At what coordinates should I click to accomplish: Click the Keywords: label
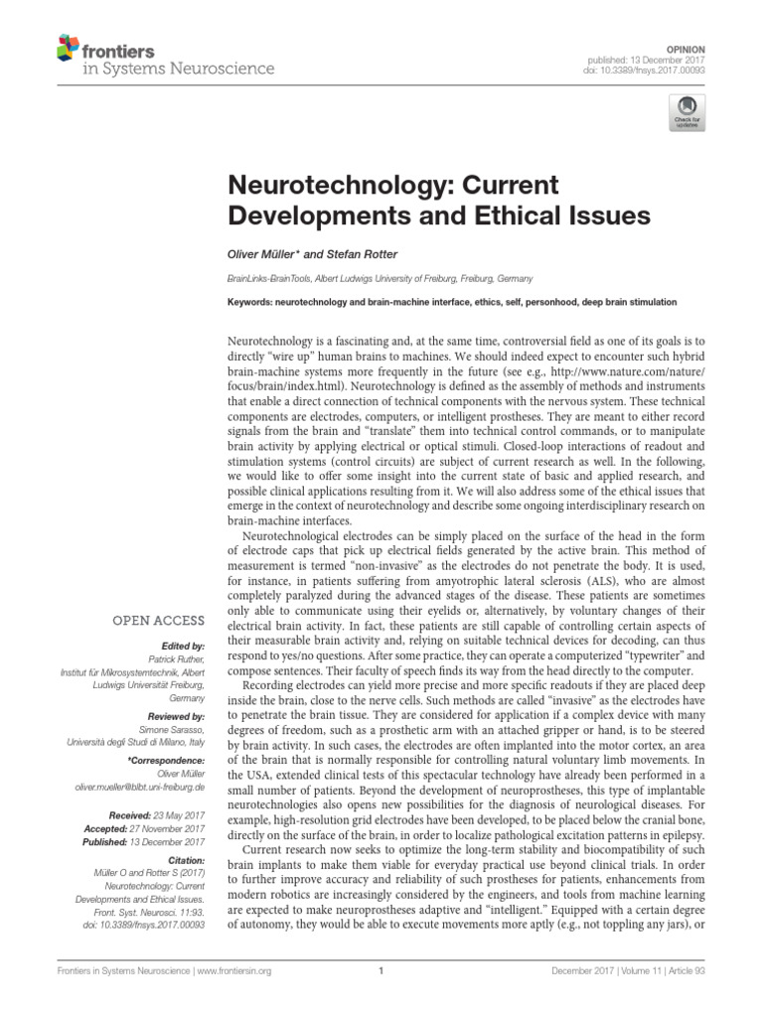[252, 302]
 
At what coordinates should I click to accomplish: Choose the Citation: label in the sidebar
[183, 861]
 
